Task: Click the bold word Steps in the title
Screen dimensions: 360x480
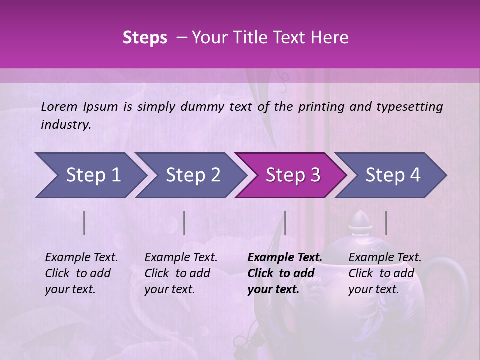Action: pos(145,38)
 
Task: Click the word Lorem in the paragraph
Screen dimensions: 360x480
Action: pos(59,106)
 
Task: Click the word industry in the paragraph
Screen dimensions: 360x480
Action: pos(65,124)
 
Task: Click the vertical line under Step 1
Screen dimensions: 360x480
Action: pos(84,223)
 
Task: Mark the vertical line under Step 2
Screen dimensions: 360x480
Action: pos(184,223)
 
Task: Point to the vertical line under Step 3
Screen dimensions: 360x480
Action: pos(285,223)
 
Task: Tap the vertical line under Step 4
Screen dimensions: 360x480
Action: pos(386,223)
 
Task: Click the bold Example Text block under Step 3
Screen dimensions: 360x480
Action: pos(284,273)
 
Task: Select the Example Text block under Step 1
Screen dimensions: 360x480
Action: pos(81,273)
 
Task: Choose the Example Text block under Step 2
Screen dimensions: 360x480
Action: pos(181,273)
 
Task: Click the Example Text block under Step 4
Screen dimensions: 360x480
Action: pos(385,273)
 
